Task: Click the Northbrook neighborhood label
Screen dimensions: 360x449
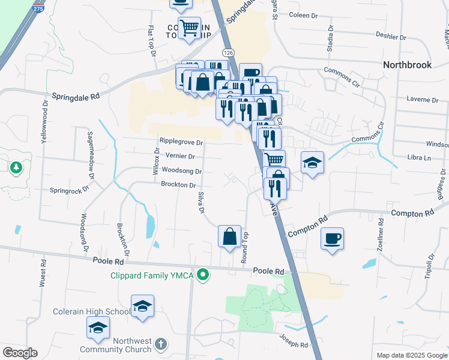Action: pos(408,65)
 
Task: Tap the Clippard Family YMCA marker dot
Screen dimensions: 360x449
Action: pos(203,275)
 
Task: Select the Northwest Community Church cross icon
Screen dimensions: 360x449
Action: pos(159,344)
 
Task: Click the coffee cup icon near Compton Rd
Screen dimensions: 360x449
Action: pos(332,239)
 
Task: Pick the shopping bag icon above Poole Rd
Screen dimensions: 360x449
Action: pos(229,236)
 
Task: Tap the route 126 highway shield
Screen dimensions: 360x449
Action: pos(228,53)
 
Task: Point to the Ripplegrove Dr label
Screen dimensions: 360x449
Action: pos(181,142)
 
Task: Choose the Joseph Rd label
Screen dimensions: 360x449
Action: pos(294,345)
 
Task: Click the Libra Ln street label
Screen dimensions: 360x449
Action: pos(420,158)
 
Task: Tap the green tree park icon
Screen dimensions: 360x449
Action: pos(15,168)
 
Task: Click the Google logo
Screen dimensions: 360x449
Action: pos(20,353)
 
